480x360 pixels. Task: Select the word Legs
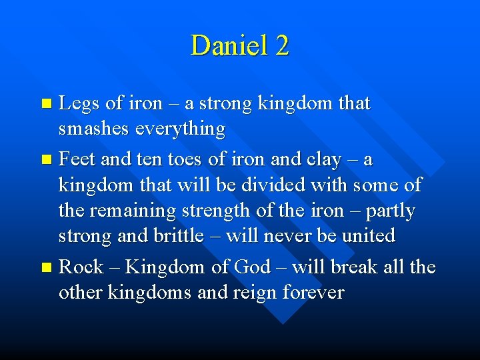[x=79, y=104]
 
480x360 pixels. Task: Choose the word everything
[x=181, y=128]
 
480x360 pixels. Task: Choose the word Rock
[x=81, y=267]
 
